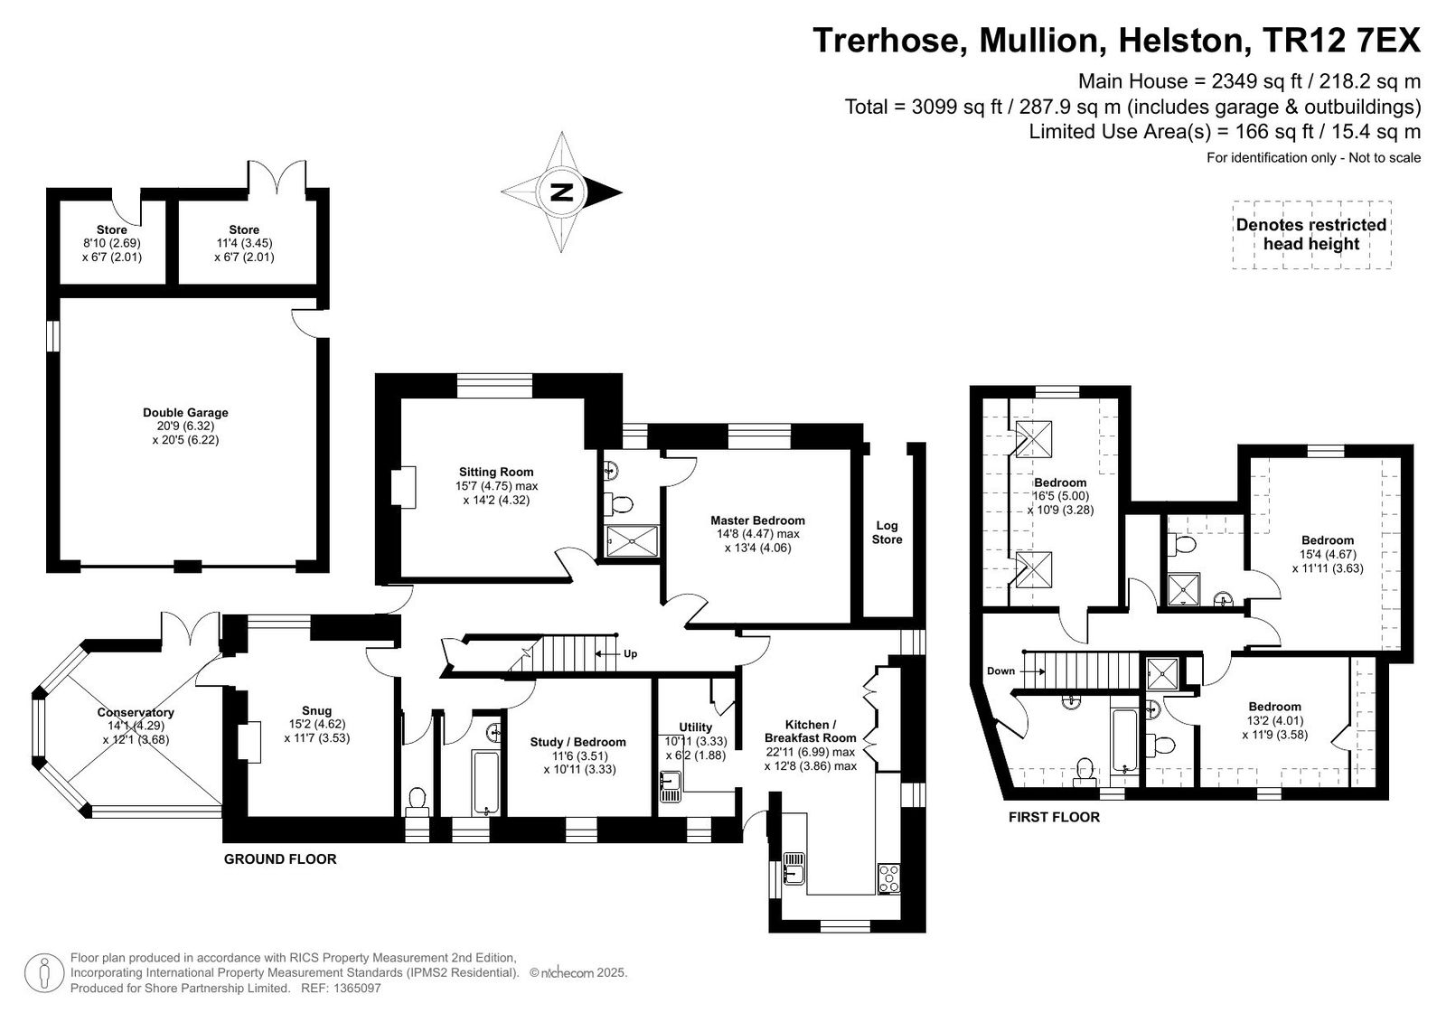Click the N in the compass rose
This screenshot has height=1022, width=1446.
click(x=561, y=192)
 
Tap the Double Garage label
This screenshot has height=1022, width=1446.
click(x=185, y=413)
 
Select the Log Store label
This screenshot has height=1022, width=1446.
click(x=887, y=532)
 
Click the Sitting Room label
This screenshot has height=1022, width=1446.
click(x=496, y=472)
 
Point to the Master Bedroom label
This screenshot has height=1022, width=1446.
click(x=757, y=520)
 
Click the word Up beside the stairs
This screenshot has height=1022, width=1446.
click(x=630, y=653)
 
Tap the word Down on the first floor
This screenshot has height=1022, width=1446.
click(x=1000, y=670)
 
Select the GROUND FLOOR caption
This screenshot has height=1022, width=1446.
click(x=280, y=858)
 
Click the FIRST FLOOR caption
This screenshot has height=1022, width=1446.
click(x=1054, y=817)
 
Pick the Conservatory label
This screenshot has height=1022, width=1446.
click(x=136, y=712)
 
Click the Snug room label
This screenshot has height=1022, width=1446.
click(x=316, y=711)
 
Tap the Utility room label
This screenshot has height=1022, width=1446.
click(x=695, y=727)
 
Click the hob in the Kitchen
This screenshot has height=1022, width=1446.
click(x=889, y=878)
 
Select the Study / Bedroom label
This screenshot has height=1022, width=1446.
click(x=577, y=742)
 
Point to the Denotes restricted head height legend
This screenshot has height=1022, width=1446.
click(x=1311, y=234)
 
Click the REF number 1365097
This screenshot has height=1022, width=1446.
click(x=356, y=988)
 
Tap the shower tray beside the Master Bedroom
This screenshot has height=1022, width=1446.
click(x=634, y=541)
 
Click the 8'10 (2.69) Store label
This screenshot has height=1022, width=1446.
click(x=112, y=243)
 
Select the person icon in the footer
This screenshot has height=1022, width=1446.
click(x=44, y=973)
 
